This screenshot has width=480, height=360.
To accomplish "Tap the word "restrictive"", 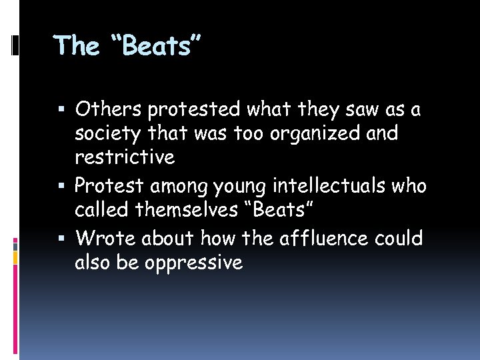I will (x=125, y=157).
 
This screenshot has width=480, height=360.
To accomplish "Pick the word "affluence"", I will (x=313, y=238).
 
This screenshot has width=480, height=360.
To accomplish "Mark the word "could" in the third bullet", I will (x=396, y=238).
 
